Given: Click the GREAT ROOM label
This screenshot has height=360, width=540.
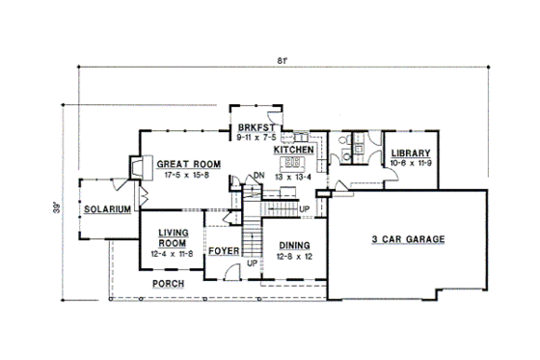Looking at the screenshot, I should pyautogui.click(x=189, y=164).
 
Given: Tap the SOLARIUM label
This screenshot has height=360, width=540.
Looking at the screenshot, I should pyautogui.click(x=105, y=209).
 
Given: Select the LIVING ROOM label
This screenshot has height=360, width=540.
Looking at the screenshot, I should pyautogui.click(x=173, y=238).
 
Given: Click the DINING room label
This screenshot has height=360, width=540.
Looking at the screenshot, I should pyautogui.click(x=288, y=245).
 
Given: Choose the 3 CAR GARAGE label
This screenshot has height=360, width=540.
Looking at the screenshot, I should pyautogui.click(x=406, y=237).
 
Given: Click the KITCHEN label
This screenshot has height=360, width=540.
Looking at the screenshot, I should pyautogui.click(x=293, y=152).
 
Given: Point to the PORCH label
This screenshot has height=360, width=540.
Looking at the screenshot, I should pyautogui.click(x=168, y=284).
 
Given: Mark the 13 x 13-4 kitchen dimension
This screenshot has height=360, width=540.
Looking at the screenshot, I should pyautogui.click(x=293, y=179).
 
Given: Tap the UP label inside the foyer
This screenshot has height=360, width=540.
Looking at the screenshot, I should pyautogui.click(x=253, y=263).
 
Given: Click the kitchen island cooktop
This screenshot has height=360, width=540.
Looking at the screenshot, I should pyautogui.click(x=293, y=165).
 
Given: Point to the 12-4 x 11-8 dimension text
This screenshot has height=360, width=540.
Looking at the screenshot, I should pyautogui.click(x=173, y=254).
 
